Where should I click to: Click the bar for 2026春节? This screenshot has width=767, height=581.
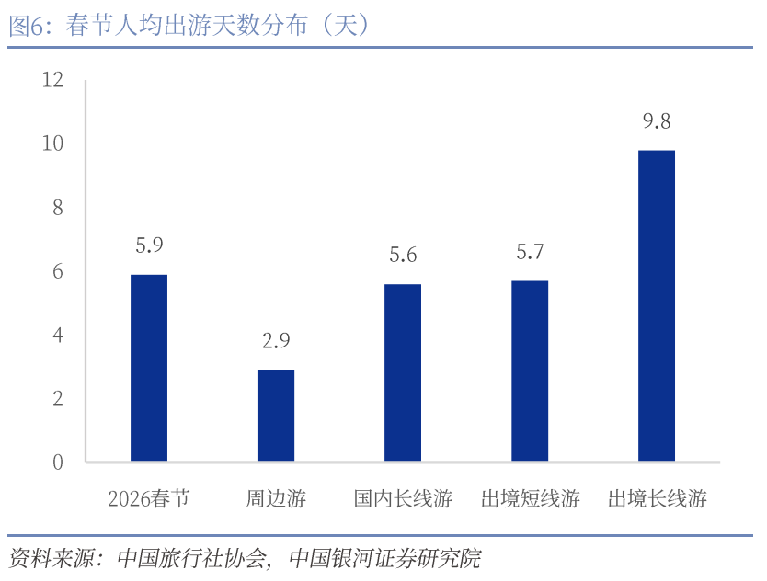tap(149, 368)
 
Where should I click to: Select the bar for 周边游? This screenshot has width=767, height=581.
tap(276, 416)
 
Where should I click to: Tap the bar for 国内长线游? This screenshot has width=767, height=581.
tap(403, 372)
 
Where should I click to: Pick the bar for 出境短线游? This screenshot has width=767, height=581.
tap(530, 370)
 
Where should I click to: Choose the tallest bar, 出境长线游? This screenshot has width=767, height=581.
tap(657, 305)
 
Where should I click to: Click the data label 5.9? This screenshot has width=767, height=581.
tap(149, 245)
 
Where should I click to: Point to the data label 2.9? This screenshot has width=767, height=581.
tap(276, 341)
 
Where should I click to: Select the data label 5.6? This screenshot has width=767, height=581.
tap(403, 255)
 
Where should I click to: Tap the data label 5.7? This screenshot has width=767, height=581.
tap(530, 251)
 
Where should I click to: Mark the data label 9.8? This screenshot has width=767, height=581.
tap(657, 121)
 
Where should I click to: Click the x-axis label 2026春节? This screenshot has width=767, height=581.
tap(149, 499)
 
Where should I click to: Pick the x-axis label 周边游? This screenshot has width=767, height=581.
tap(276, 499)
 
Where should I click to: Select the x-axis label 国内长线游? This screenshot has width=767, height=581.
tap(403, 499)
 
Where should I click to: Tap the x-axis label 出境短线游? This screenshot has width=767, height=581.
tap(530, 499)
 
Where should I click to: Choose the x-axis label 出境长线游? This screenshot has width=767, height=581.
tap(657, 499)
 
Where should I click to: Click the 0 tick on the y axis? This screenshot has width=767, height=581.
tap(58, 462)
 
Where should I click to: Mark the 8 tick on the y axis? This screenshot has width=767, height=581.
tap(58, 208)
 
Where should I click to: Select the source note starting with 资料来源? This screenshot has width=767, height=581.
tap(245, 558)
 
